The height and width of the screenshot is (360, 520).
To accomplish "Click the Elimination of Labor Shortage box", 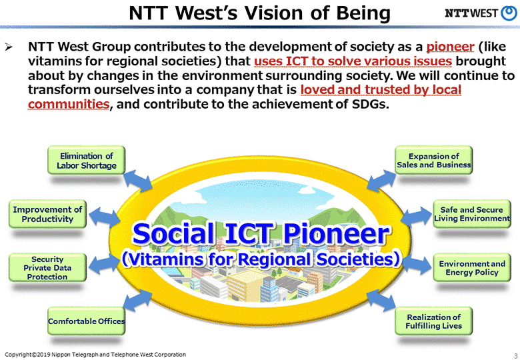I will (86, 161).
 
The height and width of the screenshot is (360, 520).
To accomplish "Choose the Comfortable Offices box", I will (86, 321).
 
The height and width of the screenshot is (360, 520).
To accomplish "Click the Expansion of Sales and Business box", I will (433, 161).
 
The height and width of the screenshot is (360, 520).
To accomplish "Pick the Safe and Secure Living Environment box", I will (472, 214).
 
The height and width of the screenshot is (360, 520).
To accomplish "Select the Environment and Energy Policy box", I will (472, 268).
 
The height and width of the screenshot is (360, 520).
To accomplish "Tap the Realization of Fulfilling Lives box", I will (433, 321).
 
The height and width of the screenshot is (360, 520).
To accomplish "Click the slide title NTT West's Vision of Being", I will (259, 13).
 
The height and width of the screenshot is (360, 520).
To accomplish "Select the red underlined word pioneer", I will (450, 47).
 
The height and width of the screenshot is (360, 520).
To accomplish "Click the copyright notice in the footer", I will (95, 354).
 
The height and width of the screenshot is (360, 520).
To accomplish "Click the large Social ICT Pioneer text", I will (260, 234).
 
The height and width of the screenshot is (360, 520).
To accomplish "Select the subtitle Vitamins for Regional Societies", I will (260, 259).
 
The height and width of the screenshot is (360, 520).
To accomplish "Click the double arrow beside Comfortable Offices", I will (141, 303).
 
